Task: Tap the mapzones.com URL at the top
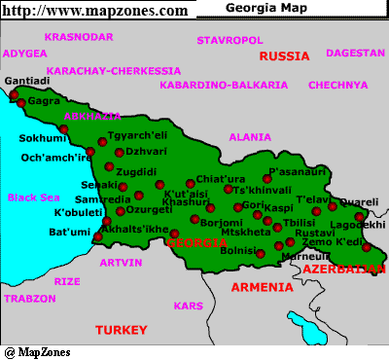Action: coord(94,10)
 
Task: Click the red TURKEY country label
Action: coord(121,330)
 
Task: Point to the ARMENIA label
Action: coord(261,287)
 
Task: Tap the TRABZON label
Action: coord(30,299)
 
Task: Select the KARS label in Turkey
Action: coord(187,306)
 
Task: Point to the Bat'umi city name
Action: coord(69,233)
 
